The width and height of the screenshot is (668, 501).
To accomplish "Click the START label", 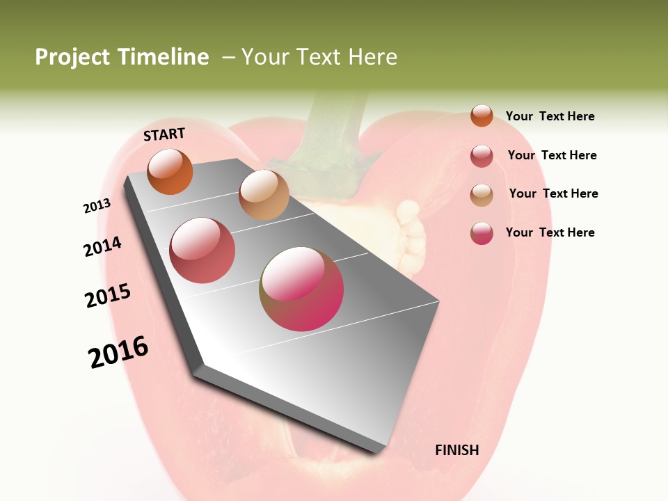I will click(164, 134).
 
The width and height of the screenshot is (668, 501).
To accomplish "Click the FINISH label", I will click(456, 450).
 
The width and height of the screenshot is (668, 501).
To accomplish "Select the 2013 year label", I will click(97, 206).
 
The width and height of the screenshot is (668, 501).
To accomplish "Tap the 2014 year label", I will click(103, 246).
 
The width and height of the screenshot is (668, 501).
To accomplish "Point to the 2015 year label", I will click(108, 296).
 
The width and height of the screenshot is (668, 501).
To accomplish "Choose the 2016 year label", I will click(118, 351).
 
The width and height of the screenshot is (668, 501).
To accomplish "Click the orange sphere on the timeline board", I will click(170, 171).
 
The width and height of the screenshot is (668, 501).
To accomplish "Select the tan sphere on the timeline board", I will click(264, 195).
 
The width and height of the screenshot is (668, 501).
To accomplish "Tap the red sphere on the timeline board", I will click(202, 250).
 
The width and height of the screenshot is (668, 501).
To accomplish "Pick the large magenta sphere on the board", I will click(301, 289).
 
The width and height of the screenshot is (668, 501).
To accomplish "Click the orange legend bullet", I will click(482, 116).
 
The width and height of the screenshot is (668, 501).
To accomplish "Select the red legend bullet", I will click(482, 156).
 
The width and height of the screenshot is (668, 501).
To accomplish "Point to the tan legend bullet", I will click(482, 195).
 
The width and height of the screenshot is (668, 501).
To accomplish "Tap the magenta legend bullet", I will click(482, 233).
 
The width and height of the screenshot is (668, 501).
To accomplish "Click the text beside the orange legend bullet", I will click(550, 116).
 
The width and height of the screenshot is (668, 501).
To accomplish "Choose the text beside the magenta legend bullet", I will click(550, 232).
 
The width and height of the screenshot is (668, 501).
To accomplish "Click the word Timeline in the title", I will click(164, 57).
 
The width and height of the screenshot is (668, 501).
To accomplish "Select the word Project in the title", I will click(73, 57).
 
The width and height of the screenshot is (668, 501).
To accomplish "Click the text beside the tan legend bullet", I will click(553, 193).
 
